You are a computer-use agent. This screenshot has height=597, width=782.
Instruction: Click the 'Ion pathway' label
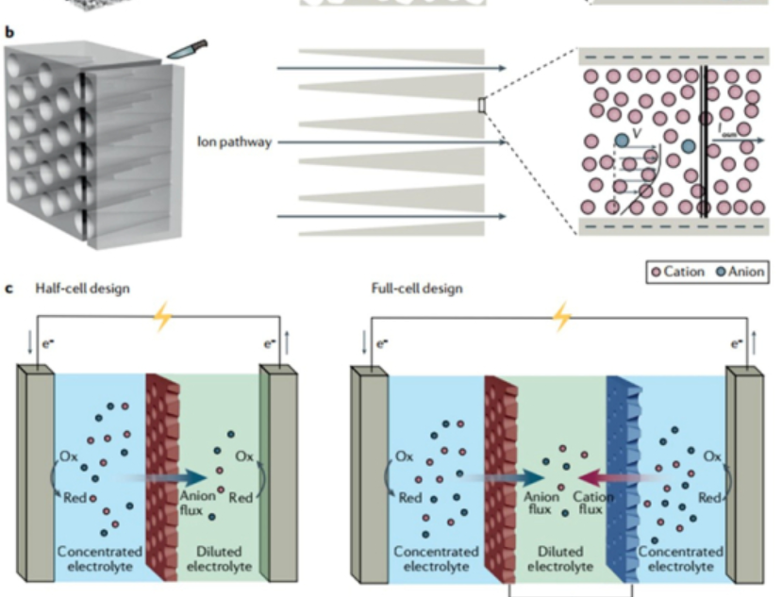click(236, 142)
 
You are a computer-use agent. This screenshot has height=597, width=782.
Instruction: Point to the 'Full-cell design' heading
click(417, 289)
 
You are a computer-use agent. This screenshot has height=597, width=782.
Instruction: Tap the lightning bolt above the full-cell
click(563, 317)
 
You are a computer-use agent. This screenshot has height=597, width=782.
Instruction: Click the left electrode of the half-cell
click(35, 472)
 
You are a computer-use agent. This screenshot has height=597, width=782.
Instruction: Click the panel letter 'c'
click(10, 289)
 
